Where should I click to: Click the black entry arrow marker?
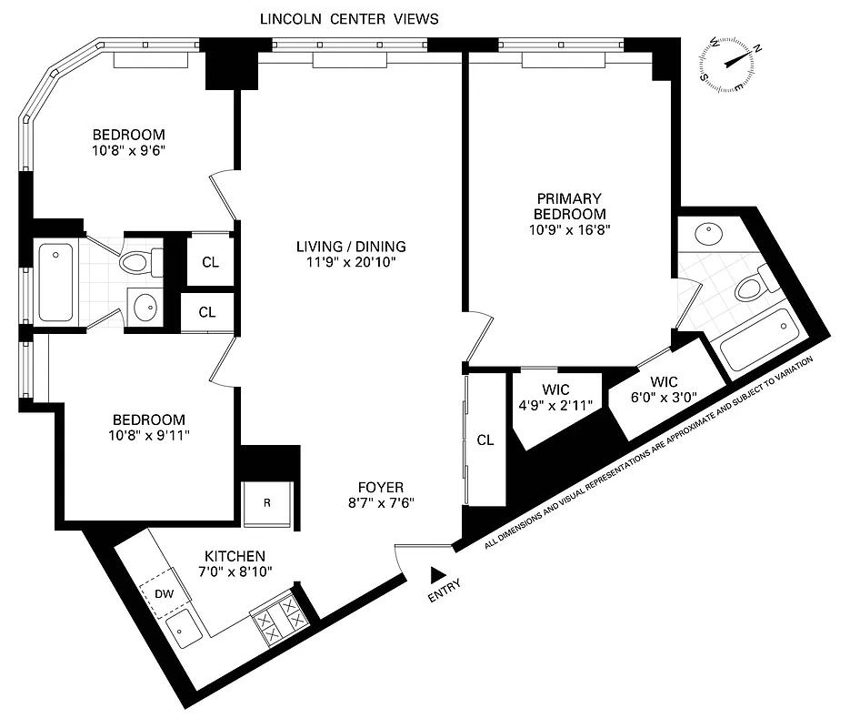pyautogui.click(x=438, y=573)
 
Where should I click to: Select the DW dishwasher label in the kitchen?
pyautogui.click(x=165, y=593)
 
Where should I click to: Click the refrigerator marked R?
pyautogui.click(x=266, y=502)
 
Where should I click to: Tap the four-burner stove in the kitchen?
pyautogui.click(x=279, y=619)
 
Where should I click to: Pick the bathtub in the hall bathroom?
pyautogui.click(x=55, y=282)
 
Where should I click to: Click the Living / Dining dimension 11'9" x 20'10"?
pyautogui.click(x=351, y=263)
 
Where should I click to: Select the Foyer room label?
pyautogui.click(x=381, y=487)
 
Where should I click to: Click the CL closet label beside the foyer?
pyautogui.click(x=485, y=440)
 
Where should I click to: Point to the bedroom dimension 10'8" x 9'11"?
pyautogui.click(x=148, y=435)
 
